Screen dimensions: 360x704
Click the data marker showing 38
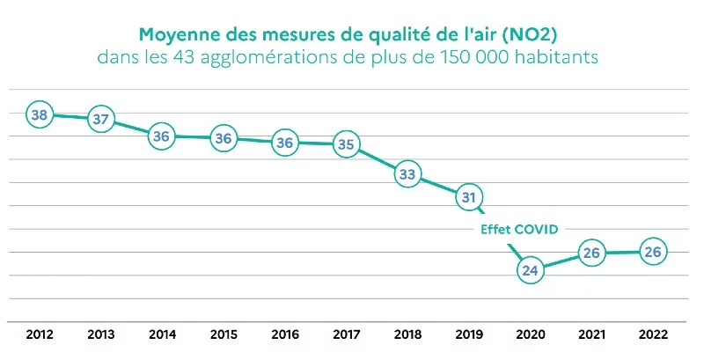(x=39, y=114)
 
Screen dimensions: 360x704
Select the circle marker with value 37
(x=101, y=119)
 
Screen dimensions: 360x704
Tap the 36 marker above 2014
(x=162, y=136)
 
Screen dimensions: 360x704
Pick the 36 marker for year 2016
(x=284, y=142)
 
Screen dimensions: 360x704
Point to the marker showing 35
(x=346, y=144)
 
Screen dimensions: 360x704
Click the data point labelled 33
(x=407, y=174)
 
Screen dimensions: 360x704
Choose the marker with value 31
(x=468, y=197)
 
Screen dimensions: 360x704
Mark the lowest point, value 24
(x=530, y=270)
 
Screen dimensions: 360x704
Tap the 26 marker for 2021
(x=591, y=253)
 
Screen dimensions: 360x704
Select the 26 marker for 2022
(x=652, y=252)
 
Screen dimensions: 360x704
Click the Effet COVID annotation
(x=519, y=229)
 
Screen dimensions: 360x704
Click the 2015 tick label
(x=224, y=334)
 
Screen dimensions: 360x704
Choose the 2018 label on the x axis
(x=407, y=334)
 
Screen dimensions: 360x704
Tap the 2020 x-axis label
(x=530, y=334)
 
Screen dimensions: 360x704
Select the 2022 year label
(x=653, y=334)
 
